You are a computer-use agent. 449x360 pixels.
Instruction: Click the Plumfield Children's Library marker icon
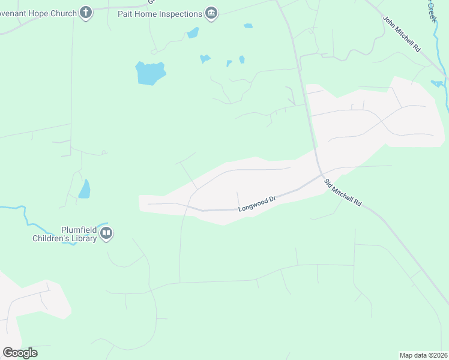tap(106, 233)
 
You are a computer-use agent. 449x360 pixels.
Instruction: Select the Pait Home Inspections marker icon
tap(211, 13)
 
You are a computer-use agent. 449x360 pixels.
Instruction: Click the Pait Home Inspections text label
tap(167, 13)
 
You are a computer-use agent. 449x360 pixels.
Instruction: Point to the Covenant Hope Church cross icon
tap(86, 13)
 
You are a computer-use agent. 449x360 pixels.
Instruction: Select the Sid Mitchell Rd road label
tap(343, 193)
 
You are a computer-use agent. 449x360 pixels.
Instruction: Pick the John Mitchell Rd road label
tap(402, 34)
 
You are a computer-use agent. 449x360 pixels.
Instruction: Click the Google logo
tap(20, 353)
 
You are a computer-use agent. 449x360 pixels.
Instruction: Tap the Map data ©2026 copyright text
tap(423, 355)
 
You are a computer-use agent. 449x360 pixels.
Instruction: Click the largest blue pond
tap(149, 73)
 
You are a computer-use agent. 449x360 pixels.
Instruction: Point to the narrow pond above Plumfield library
tap(85, 189)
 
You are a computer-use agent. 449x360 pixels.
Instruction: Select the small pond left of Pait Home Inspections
tap(193, 32)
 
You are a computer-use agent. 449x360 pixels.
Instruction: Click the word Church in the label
tap(64, 13)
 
